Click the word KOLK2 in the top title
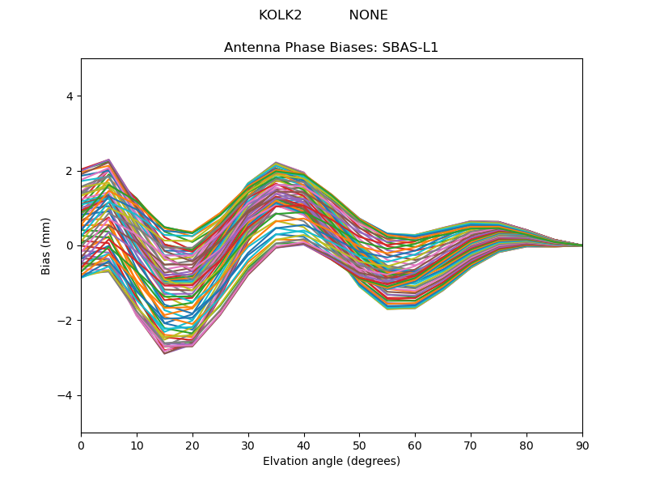click(x=280, y=15)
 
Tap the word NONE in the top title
click(x=368, y=15)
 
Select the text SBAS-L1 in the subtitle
click(x=413, y=48)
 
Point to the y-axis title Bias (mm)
click(x=46, y=245)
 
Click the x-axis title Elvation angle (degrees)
click(x=332, y=462)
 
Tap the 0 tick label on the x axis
click(x=81, y=445)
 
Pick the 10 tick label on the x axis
click(x=137, y=445)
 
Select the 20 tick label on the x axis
click(x=192, y=445)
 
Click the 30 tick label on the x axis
click(x=248, y=445)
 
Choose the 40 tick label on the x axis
click(x=304, y=445)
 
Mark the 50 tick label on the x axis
click(x=360, y=445)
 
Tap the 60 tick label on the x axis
click(x=415, y=445)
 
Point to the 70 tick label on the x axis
click(x=471, y=445)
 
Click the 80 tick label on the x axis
click(x=526, y=445)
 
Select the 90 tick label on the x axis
click(x=582, y=445)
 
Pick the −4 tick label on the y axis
click(x=66, y=395)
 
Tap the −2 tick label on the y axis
click(x=66, y=321)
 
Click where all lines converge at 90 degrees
click(x=581, y=245)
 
